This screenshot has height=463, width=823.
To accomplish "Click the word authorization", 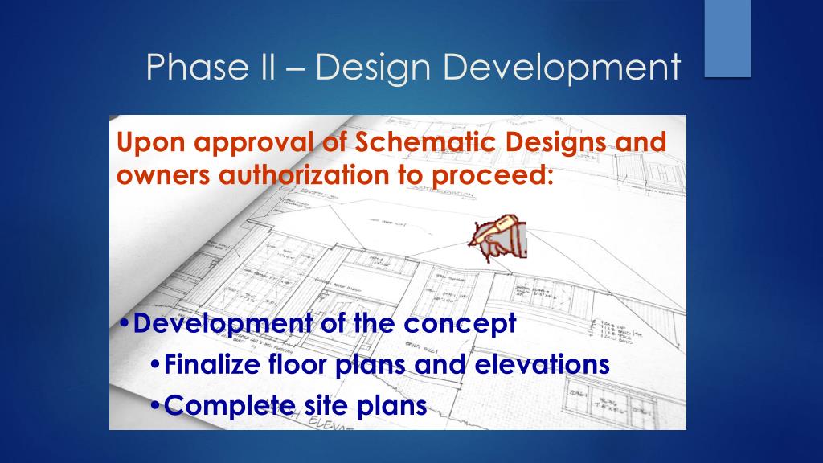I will [x=286, y=175].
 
